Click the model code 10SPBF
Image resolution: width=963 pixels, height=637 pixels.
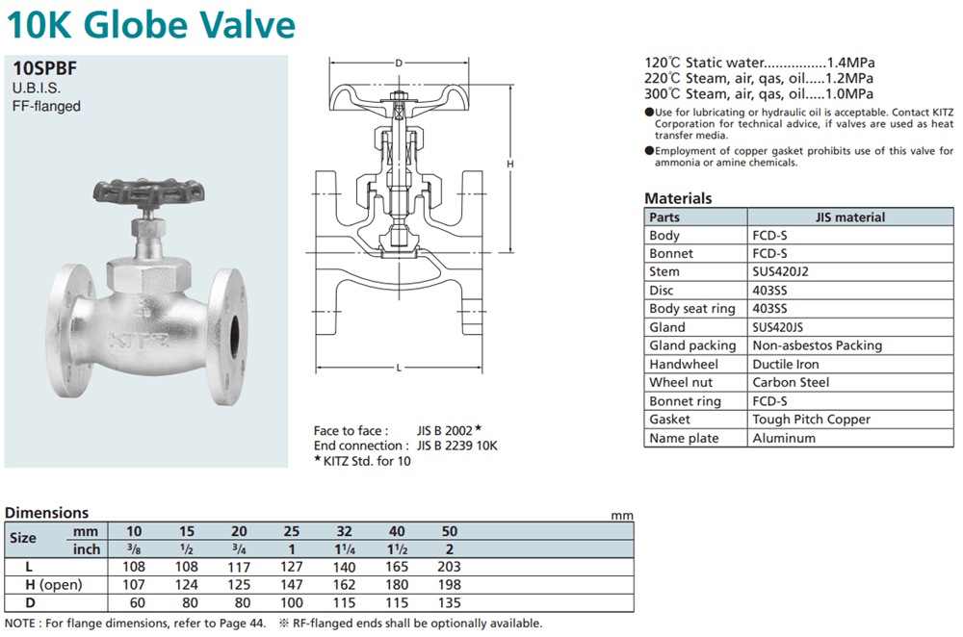45,68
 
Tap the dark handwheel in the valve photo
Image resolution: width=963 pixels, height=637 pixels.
148,192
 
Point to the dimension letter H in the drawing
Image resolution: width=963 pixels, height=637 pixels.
510,164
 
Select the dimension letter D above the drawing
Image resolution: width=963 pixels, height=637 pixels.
399,63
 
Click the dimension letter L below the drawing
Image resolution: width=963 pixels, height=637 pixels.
399,368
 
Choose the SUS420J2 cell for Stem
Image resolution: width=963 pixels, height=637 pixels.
781,271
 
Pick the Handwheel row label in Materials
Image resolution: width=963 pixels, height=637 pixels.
684,364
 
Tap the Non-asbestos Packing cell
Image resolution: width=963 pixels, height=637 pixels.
818,345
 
